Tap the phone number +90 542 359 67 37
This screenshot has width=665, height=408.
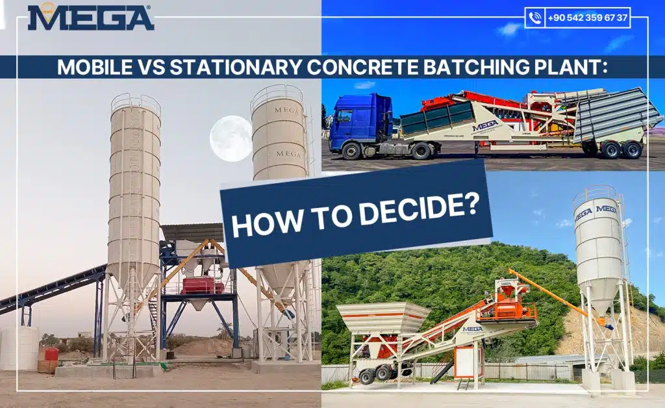pyautogui.click(x=587, y=18)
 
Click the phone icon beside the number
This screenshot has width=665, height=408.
pyautogui.click(x=535, y=18)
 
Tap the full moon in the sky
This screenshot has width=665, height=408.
pyautogui.click(x=231, y=138)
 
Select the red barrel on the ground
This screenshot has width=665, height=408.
pyautogui.click(x=51, y=354)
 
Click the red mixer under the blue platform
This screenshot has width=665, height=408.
pyautogui.click(x=203, y=285)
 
